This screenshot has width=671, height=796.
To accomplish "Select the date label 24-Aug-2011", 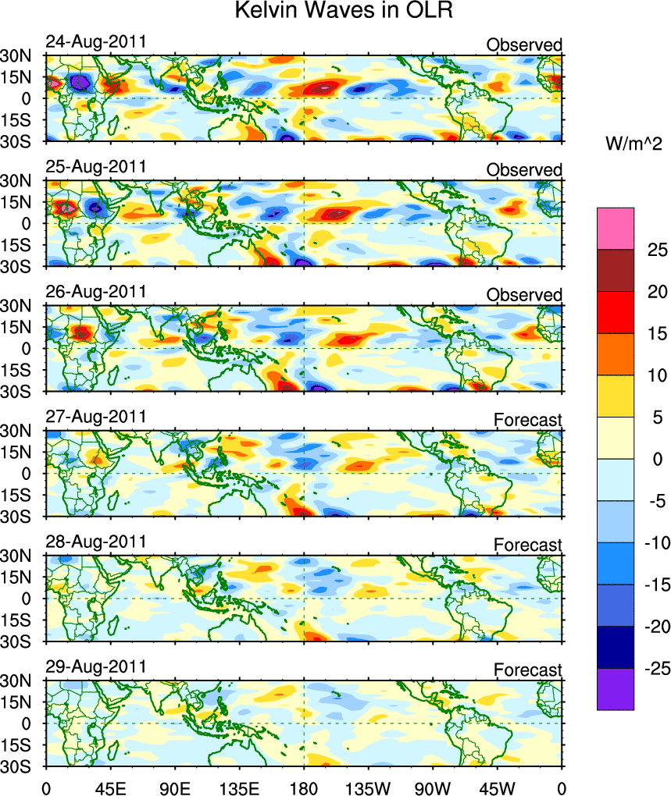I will tap(96, 42).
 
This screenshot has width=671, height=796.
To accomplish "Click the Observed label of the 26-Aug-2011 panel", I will tap(523, 295).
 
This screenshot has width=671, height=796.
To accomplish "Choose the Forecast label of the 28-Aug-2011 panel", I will tap(527, 545).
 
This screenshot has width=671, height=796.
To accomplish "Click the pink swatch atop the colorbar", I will tap(616, 228).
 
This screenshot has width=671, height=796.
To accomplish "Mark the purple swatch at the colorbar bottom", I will tap(616, 689).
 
